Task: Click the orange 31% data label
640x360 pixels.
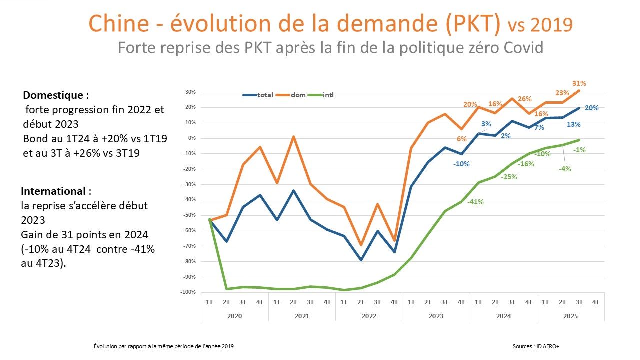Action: (579, 83)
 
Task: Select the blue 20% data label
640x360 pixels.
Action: (592, 108)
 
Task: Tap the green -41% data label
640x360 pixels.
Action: (475, 202)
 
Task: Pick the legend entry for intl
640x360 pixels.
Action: (328, 95)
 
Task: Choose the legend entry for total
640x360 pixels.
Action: (265, 95)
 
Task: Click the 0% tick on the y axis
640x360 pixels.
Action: (194, 138)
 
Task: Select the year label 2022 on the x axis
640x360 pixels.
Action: (369, 316)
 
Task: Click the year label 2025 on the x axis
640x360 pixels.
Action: (570, 316)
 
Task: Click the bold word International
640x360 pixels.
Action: (53, 191)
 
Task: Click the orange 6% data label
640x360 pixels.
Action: (461, 139)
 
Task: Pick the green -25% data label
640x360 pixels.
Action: (509, 177)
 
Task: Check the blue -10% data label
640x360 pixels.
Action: (461, 164)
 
